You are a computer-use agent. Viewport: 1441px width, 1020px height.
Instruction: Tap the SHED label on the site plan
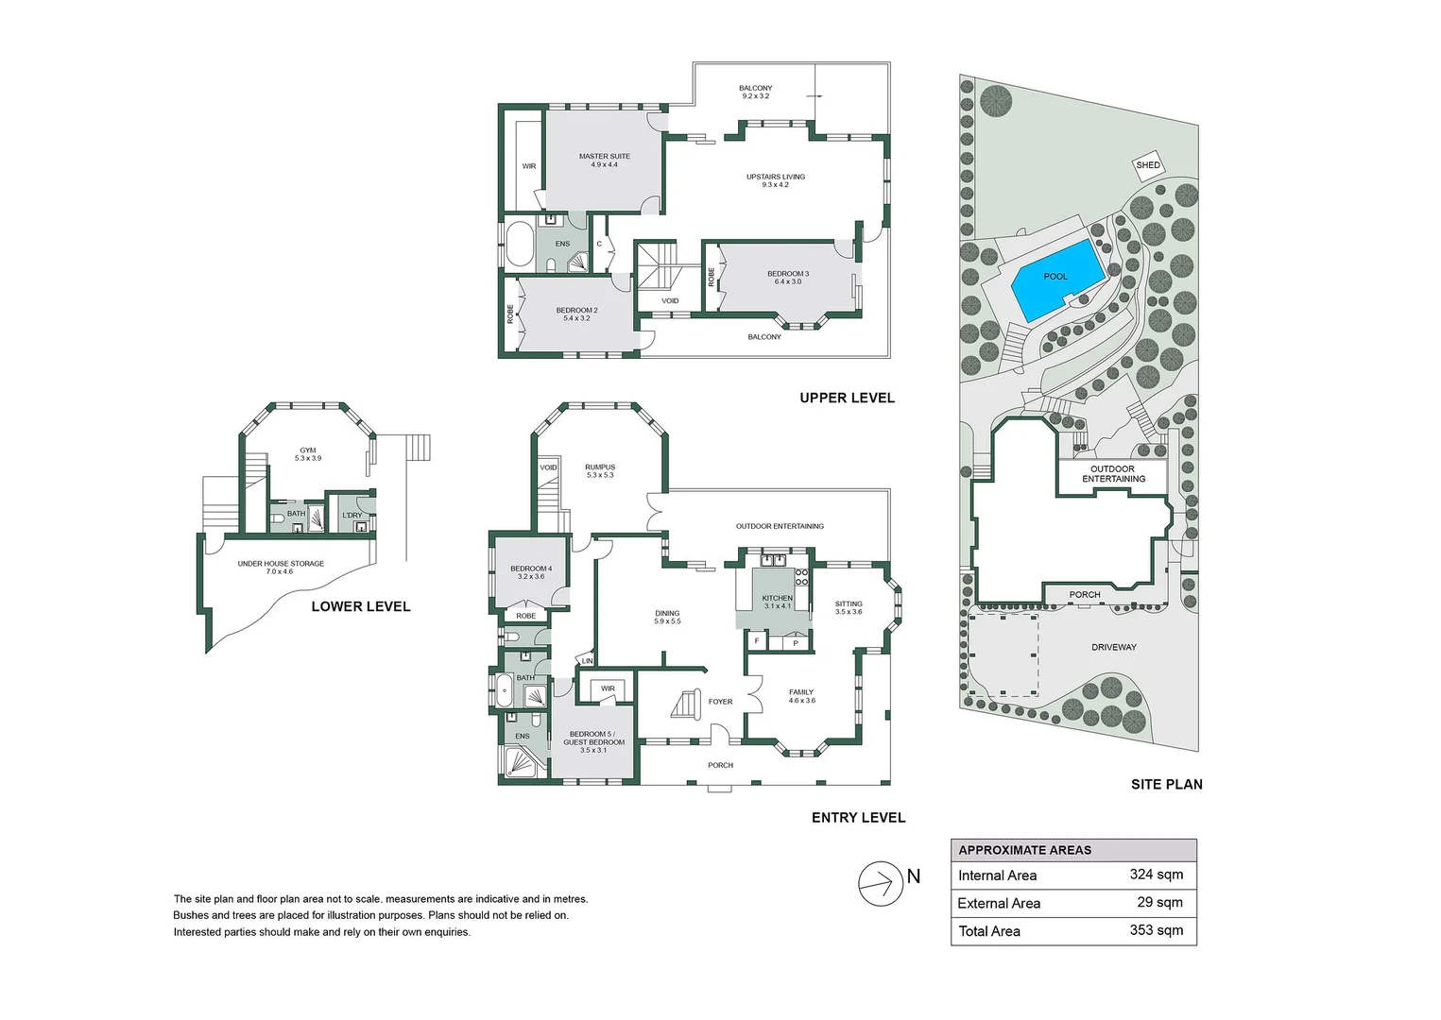tap(1148, 165)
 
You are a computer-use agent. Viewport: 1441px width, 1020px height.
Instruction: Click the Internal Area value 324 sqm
tap(1156, 875)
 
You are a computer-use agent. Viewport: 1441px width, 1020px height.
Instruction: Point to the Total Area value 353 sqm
tap(1156, 930)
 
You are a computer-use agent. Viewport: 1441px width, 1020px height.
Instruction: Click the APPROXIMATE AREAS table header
tap(1024, 850)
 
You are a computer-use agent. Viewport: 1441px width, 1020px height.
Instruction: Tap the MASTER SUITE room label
tap(604, 161)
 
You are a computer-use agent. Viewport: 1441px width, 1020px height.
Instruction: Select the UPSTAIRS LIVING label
tap(775, 180)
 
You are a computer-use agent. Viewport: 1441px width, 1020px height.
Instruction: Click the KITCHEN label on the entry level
tap(777, 602)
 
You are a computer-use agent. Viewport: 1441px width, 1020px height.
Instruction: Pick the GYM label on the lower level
tap(308, 454)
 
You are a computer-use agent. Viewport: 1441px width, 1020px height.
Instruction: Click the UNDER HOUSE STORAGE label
tap(281, 567)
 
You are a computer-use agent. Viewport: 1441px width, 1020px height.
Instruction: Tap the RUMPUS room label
tap(600, 470)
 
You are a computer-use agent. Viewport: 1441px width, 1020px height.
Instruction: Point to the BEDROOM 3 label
tap(788, 278)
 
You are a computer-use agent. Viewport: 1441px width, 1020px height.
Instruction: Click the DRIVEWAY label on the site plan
tap(1114, 647)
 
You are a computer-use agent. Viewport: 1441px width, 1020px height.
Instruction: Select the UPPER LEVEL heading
tap(847, 398)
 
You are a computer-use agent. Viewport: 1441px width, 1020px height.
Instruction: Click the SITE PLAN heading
tap(1166, 784)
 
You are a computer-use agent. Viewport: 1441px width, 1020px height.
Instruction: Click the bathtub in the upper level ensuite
tap(519, 246)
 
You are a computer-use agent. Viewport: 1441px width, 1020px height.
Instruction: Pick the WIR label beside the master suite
tap(529, 166)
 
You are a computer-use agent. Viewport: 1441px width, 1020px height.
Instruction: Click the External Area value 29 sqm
tap(1159, 903)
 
